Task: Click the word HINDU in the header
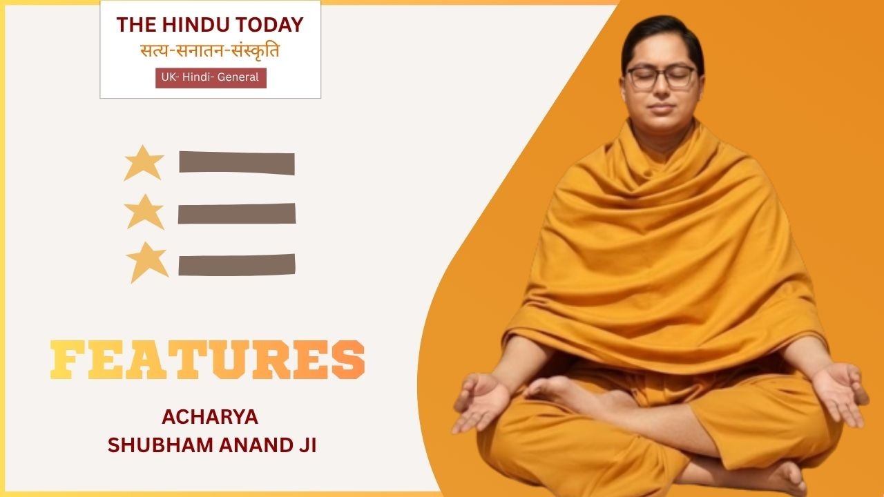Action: (x=195, y=25)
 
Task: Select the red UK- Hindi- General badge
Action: (x=211, y=78)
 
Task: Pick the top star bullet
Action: (x=144, y=162)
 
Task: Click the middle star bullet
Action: (x=144, y=212)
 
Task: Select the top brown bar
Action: (x=237, y=162)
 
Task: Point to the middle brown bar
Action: (x=237, y=213)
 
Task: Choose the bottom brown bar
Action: (x=237, y=264)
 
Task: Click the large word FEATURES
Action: (x=208, y=360)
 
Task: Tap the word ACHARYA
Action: (x=210, y=417)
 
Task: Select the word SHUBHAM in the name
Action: (x=160, y=445)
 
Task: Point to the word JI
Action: (x=305, y=445)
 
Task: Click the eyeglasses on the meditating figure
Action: (x=661, y=77)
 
